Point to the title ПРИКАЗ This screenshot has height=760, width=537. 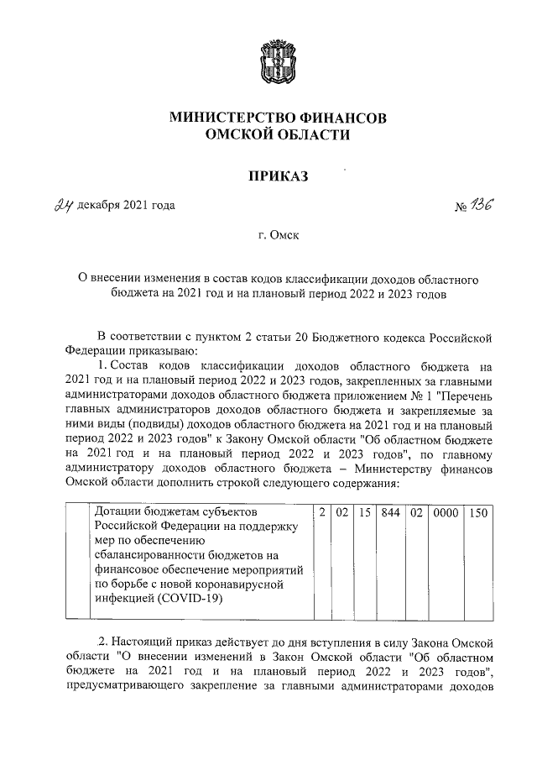(x=278, y=176)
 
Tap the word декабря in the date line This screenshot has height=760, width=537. (x=97, y=205)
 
